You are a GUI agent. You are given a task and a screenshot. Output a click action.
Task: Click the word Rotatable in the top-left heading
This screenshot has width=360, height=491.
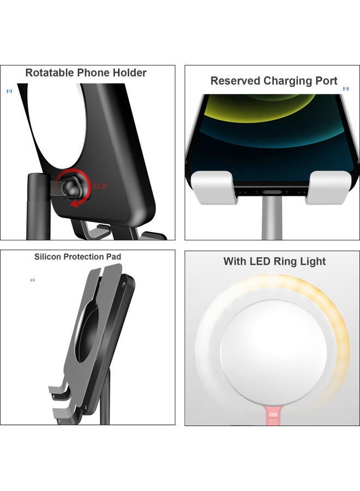click(50, 73)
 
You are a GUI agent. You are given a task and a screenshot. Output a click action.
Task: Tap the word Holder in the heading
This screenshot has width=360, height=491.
click(129, 73)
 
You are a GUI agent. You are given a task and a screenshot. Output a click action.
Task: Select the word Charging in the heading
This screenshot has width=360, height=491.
click(288, 81)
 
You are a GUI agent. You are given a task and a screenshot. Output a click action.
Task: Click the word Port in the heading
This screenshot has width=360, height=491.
click(327, 81)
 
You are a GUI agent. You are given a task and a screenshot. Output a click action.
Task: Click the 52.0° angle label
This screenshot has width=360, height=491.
click(100, 186)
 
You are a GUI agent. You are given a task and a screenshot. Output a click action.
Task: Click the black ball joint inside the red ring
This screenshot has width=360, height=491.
click(70, 188)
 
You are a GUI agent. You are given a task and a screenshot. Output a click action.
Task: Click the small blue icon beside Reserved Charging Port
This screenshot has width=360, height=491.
click(345, 88)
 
